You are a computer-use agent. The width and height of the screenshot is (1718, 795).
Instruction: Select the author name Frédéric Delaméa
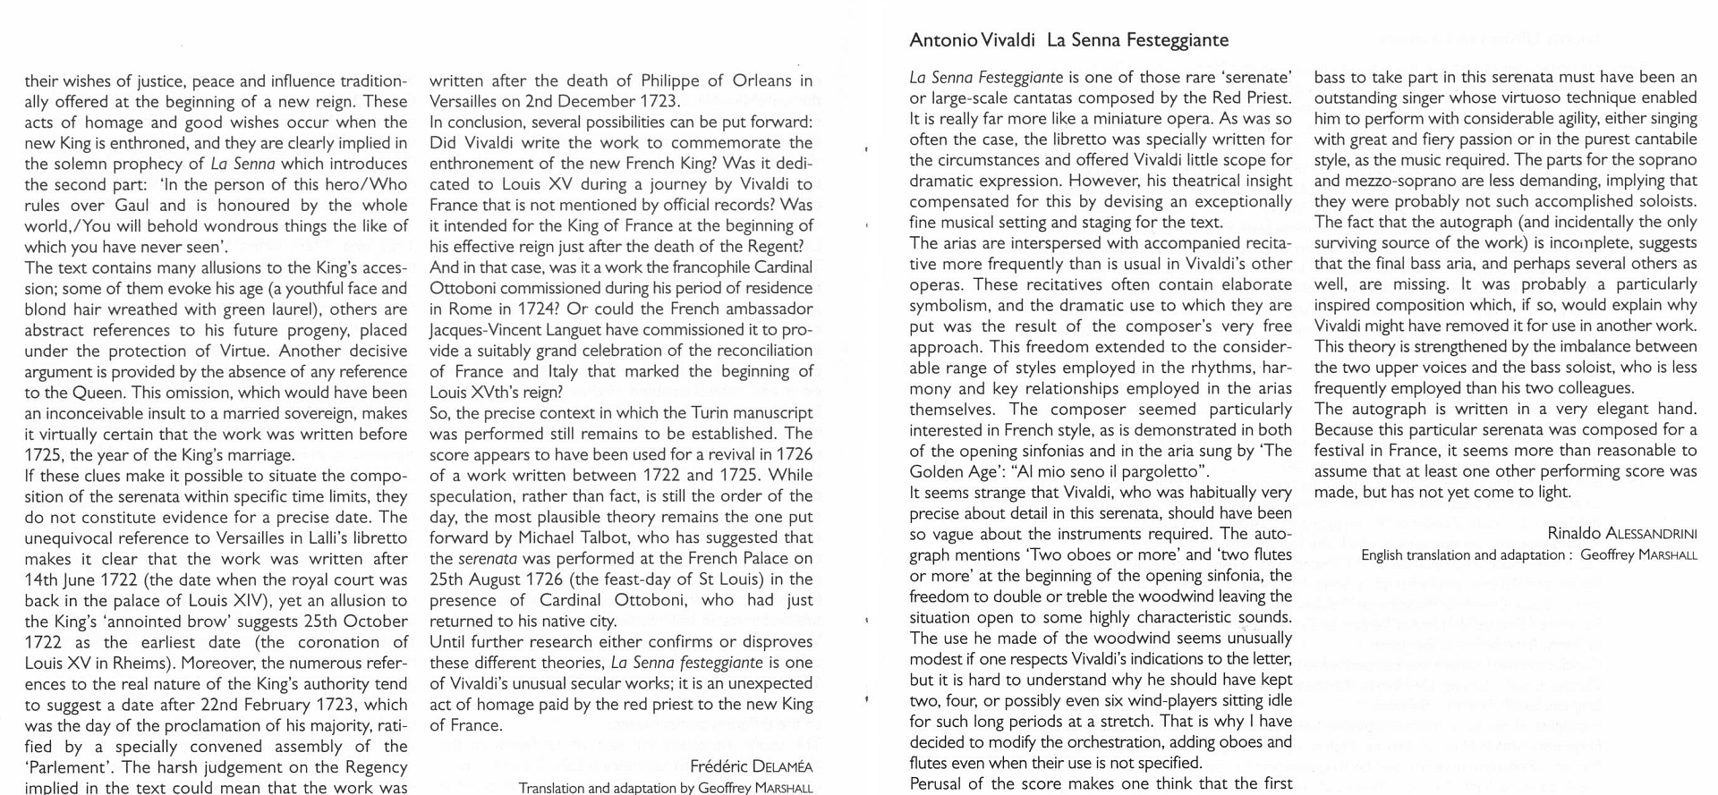tap(751, 766)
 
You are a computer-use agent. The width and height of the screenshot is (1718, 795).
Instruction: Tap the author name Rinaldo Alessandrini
tap(1621, 534)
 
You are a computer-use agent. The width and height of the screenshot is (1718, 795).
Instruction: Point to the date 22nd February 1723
tap(280, 704)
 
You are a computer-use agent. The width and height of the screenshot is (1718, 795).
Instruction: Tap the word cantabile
tap(1661, 140)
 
